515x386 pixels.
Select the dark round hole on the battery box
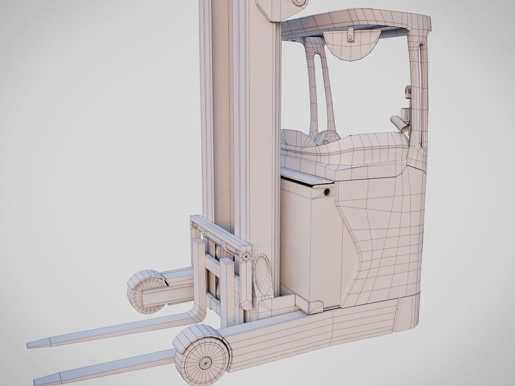327,192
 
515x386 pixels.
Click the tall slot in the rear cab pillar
422,96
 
